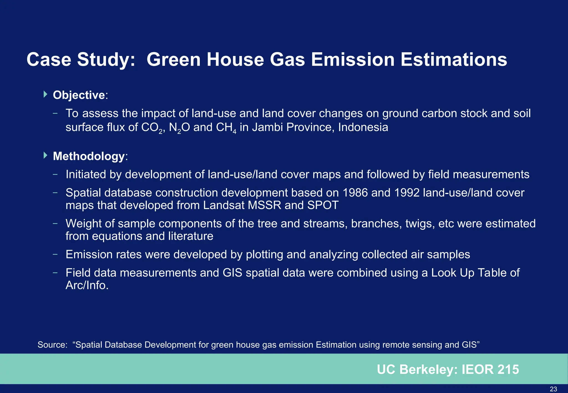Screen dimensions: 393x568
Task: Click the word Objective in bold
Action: (79, 95)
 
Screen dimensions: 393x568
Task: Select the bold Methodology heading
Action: (89, 156)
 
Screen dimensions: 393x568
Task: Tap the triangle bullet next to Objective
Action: (46, 94)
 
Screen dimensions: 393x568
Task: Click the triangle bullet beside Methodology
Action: (46, 155)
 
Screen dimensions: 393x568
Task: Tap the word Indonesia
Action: (363, 127)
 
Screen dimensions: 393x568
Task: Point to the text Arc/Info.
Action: (87, 285)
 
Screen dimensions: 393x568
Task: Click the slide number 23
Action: (553, 389)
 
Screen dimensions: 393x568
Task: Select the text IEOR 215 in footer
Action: (490, 370)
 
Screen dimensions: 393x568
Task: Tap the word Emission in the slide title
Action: (353, 60)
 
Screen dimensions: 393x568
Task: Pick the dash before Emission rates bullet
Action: (55, 254)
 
